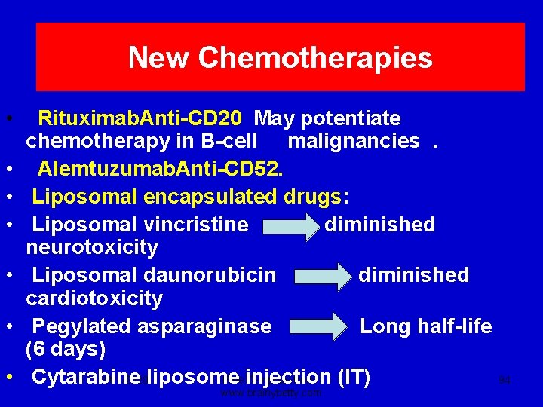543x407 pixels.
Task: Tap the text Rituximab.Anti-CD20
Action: click(x=140, y=118)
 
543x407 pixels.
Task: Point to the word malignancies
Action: click(x=354, y=141)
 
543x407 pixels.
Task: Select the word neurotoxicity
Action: click(x=92, y=247)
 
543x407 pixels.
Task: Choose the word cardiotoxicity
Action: click(x=94, y=298)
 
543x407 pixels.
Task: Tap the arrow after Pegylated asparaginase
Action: click(x=318, y=327)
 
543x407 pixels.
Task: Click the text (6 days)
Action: click(x=66, y=350)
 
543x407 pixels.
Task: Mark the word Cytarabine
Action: click(x=87, y=376)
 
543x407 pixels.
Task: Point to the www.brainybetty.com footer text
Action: click(x=271, y=393)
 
